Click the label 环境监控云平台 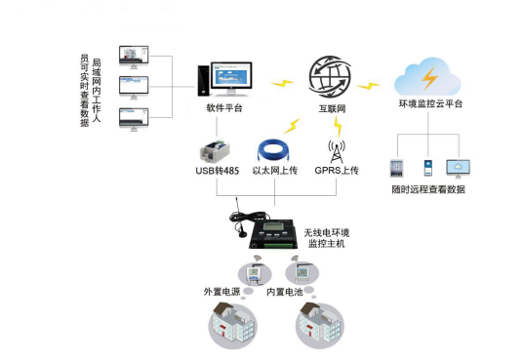(x=430, y=103)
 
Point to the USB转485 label (x=217, y=172)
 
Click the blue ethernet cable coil (x=273, y=148)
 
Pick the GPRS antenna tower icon (x=336, y=150)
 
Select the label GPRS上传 (x=337, y=172)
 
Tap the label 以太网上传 (x=274, y=172)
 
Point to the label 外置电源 (x=221, y=293)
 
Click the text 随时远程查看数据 (x=428, y=189)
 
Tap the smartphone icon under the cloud (x=427, y=167)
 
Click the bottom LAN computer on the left (x=134, y=118)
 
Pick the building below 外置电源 (x=231, y=325)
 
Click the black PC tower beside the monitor (x=202, y=82)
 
